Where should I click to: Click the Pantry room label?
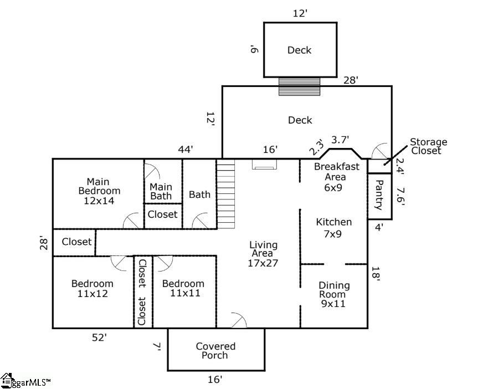pyautogui.click(x=379, y=194)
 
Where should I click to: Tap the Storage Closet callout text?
pyautogui.click(x=428, y=146)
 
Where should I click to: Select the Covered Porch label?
pyautogui.click(x=215, y=351)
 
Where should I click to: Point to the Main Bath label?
pyautogui.click(x=161, y=191)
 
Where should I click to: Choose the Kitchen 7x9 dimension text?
pyautogui.click(x=332, y=234)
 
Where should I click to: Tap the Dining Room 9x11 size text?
pyautogui.click(x=333, y=304)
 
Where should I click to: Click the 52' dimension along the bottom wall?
pyautogui.click(x=100, y=337)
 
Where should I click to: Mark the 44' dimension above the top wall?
pyautogui.click(x=186, y=150)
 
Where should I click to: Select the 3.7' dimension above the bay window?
pyautogui.click(x=340, y=140)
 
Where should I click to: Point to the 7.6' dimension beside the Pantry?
pyautogui.click(x=400, y=197)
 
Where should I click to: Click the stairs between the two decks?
pyautogui.click(x=299, y=86)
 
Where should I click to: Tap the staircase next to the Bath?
pyautogui.click(x=225, y=194)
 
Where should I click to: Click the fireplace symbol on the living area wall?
pyautogui.click(x=265, y=165)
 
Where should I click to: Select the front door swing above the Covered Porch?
pyautogui.click(x=239, y=320)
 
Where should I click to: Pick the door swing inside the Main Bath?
pyautogui.click(x=152, y=171)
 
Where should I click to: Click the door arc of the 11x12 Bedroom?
pyautogui.click(x=118, y=263)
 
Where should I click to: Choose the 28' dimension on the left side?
pyautogui.click(x=44, y=243)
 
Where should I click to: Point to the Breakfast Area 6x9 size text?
pyautogui.click(x=333, y=187)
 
